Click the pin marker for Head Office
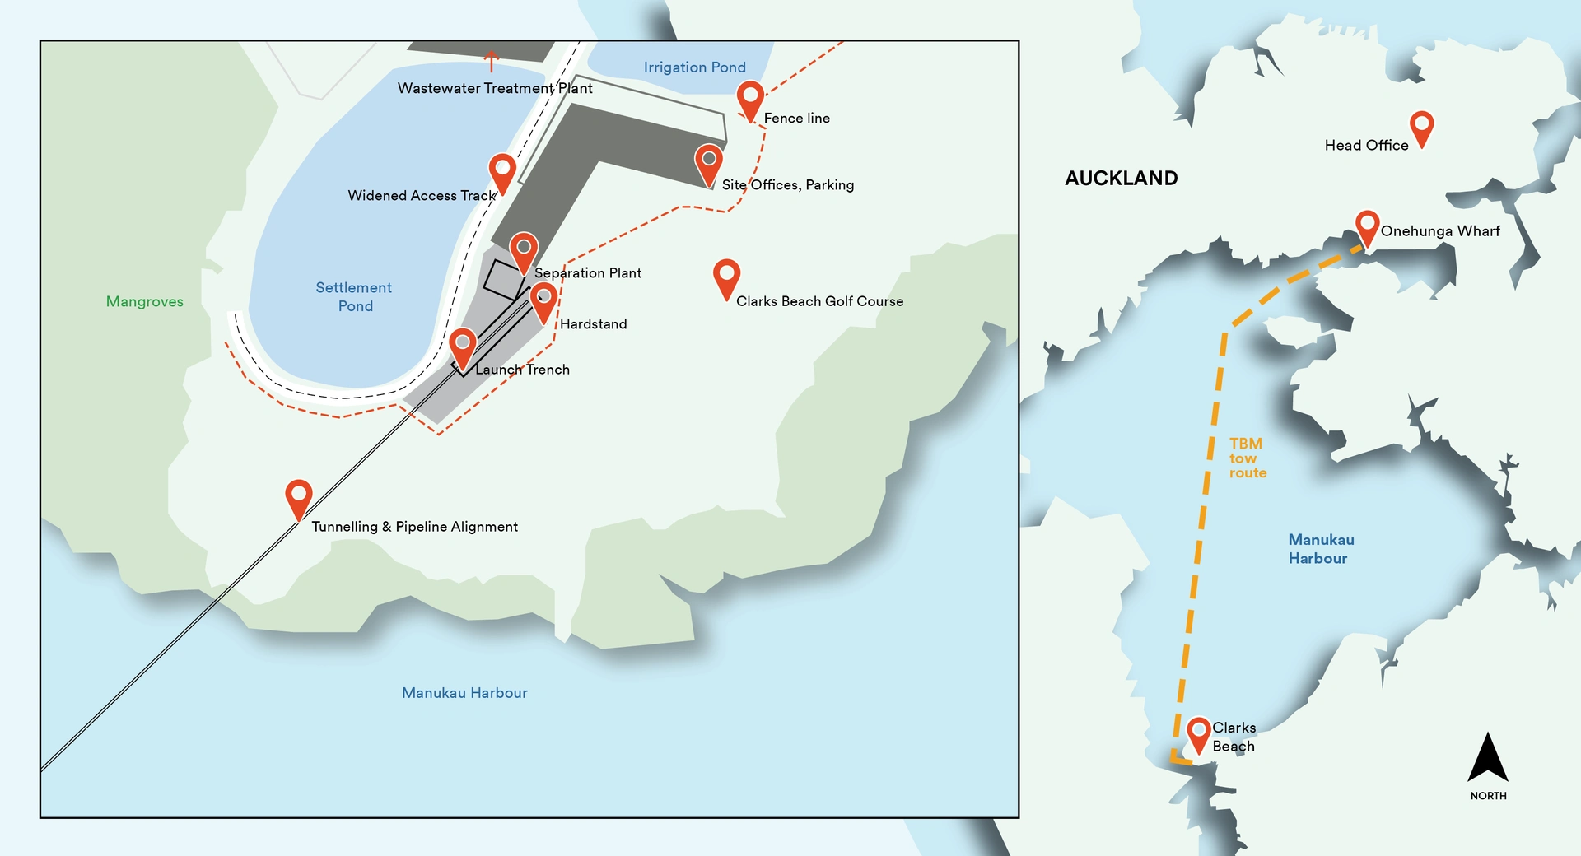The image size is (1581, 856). point(1421,127)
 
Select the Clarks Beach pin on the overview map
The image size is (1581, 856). point(1198,733)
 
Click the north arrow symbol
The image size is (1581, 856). point(1487,759)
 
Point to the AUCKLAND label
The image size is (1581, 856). point(1121,179)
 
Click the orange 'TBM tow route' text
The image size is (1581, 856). point(1247,458)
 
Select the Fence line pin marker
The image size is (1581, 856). point(749,98)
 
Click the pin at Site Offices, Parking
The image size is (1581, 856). point(708,161)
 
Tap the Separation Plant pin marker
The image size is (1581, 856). point(523,249)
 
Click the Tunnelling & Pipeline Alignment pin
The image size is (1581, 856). point(298,497)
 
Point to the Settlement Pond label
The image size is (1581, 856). point(354,296)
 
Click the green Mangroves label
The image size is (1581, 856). point(144,301)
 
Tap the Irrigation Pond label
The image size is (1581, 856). point(694,67)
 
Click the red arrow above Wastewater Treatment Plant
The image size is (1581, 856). point(492,60)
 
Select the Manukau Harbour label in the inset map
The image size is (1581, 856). point(464,693)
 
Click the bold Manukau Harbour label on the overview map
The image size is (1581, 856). point(1320,549)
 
